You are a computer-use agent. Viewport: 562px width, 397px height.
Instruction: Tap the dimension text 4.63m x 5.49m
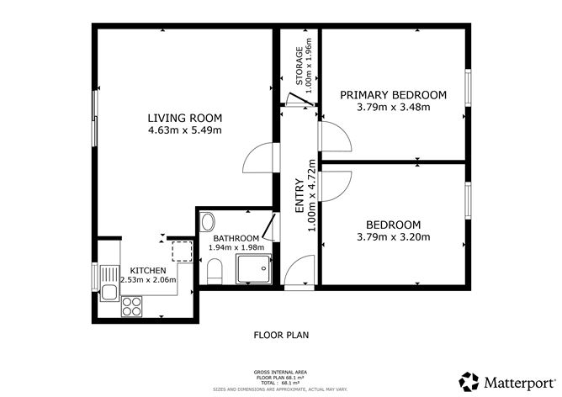(x=183, y=130)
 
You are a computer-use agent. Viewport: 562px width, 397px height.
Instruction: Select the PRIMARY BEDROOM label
(x=393, y=95)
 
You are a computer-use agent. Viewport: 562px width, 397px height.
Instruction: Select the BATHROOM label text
(x=235, y=238)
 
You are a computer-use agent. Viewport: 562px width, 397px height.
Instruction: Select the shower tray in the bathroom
(x=255, y=269)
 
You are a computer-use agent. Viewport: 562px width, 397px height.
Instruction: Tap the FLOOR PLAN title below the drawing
(x=281, y=335)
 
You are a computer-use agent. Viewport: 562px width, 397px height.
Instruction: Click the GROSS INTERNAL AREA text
(x=281, y=371)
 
